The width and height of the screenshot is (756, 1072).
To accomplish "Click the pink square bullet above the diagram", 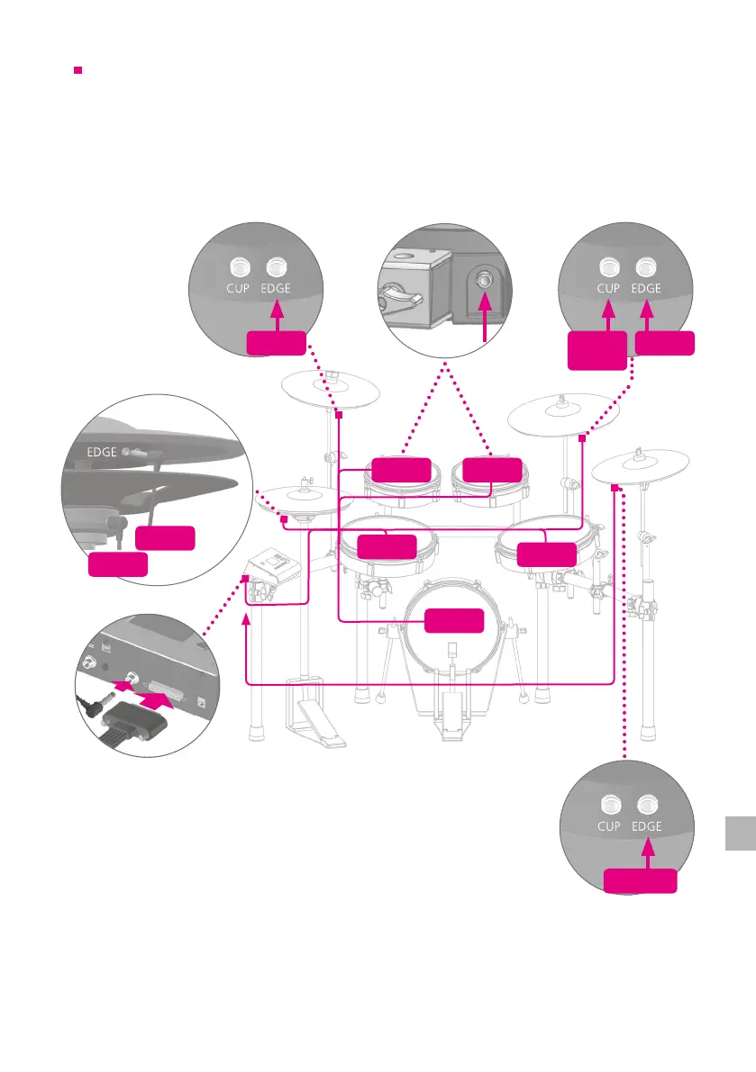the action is click(x=78, y=69).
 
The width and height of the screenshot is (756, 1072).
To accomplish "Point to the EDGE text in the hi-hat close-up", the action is click(x=101, y=452).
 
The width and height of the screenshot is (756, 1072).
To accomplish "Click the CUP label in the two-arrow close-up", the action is click(x=609, y=289).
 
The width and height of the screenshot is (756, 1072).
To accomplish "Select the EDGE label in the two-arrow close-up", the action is click(x=646, y=289).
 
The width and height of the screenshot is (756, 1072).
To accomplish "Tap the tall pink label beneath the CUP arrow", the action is click(x=597, y=349).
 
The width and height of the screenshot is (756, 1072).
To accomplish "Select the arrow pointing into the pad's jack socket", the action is click(x=485, y=320).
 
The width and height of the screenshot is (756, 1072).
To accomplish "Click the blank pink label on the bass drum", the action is click(x=453, y=620).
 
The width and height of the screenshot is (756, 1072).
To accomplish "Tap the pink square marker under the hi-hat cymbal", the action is click(x=284, y=518).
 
